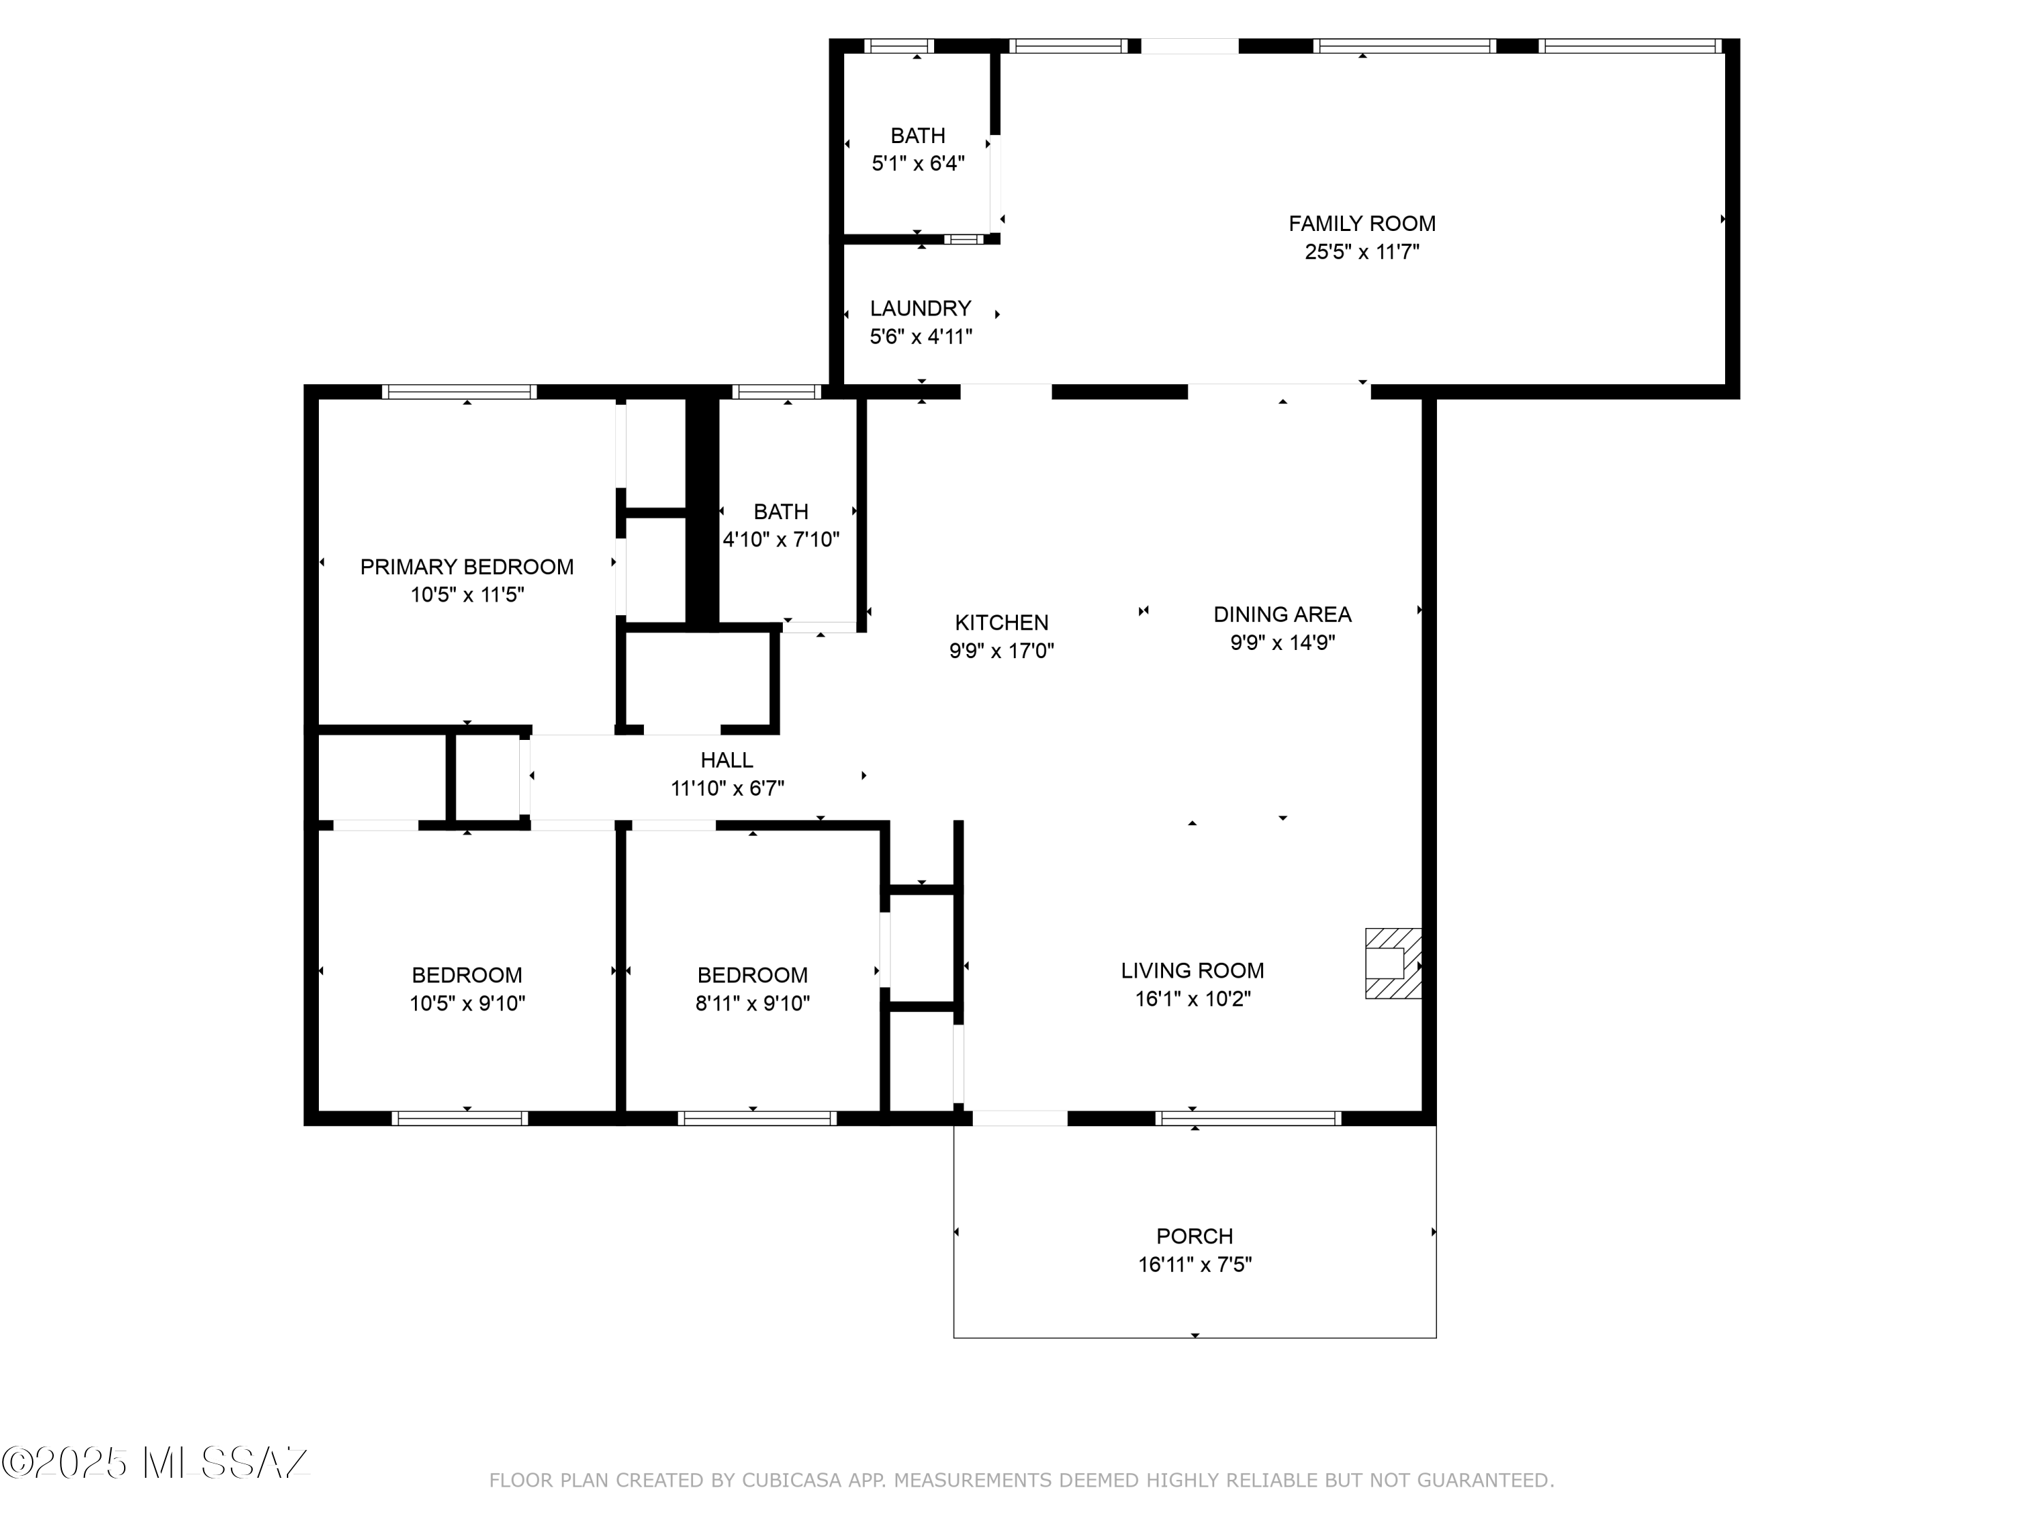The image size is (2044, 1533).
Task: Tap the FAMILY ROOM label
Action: [x=1361, y=223]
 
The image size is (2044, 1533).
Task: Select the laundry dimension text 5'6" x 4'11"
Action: [x=920, y=337]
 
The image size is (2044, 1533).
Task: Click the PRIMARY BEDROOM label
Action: [x=467, y=566]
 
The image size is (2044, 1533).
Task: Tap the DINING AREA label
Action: [x=1282, y=615]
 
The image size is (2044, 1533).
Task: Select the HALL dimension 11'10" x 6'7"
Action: [x=727, y=788]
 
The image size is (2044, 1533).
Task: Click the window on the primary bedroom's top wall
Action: [x=459, y=392]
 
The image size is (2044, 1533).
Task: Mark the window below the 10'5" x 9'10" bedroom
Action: [x=459, y=1118]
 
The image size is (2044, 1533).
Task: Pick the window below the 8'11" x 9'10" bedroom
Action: [x=757, y=1118]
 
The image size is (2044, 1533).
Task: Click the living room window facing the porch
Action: [x=1248, y=1118]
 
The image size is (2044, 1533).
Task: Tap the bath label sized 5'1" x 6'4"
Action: [x=918, y=136]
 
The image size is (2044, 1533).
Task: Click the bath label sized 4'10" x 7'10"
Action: [x=781, y=512]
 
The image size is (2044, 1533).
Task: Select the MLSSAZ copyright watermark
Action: [x=155, y=1463]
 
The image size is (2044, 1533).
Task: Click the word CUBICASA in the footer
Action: [x=792, y=1481]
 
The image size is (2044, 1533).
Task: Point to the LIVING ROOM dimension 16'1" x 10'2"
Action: [x=1192, y=999]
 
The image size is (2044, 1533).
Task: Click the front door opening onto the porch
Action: [x=1019, y=1118]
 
